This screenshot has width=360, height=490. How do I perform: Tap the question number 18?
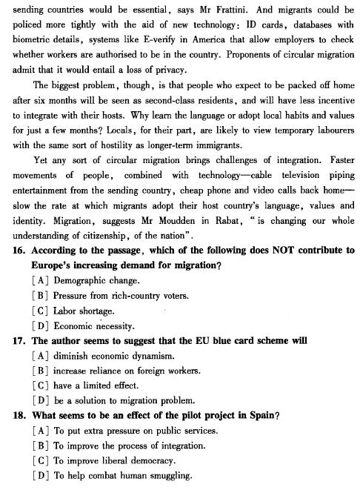click(x=20, y=415)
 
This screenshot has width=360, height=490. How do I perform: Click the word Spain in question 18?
click(x=261, y=415)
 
